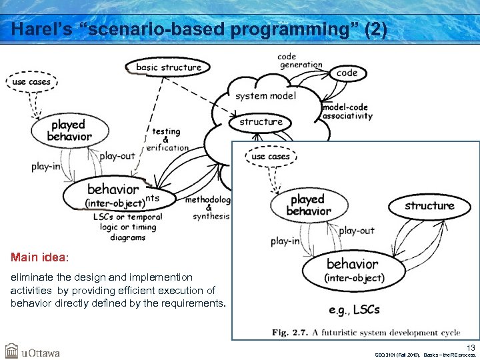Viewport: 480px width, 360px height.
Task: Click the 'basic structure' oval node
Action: pyautogui.click(x=168, y=67)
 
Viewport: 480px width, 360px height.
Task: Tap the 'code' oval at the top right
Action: pyautogui.click(x=347, y=73)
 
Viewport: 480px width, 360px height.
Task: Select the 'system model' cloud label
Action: pyautogui.click(x=265, y=95)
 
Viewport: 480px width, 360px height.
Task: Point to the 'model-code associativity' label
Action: pyautogui.click(x=347, y=111)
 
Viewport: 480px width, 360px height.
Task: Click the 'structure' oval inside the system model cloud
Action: pyautogui.click(x=261, y=122)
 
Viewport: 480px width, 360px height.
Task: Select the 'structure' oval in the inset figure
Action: pyautogui.click(x=429, y=206)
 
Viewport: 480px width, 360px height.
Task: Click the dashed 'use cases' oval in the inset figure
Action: pyautogui.click(x=271, y=157)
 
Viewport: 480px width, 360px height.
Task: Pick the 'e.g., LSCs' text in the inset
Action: pyautogui.click(x=354, y=309)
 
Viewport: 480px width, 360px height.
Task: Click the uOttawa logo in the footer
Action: pyautogui.click(x=33, y=351)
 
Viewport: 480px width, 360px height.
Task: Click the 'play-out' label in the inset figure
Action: pyautogui.click(x=357, y=231)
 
